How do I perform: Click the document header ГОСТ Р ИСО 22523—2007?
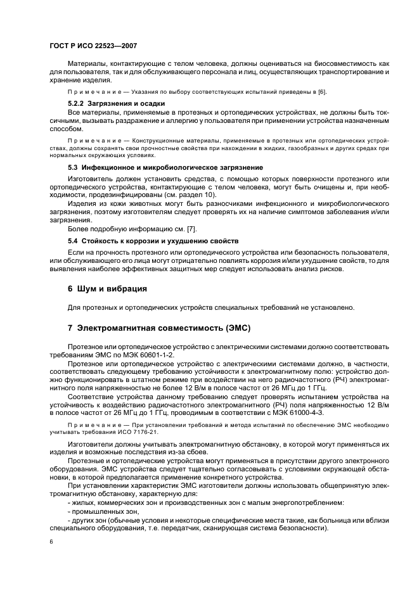[93, 46]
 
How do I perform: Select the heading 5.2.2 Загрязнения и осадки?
[117, 103]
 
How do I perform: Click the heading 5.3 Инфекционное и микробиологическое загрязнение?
[165, 167]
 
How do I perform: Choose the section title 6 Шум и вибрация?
[107, 289]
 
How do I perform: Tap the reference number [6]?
[321, 92]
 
